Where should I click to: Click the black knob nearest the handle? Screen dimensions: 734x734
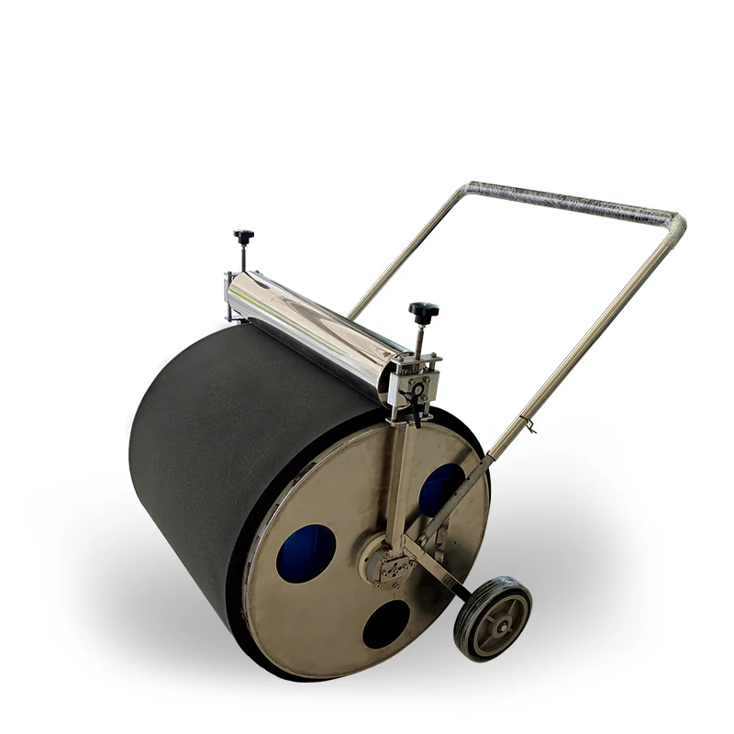[x=424, y=310]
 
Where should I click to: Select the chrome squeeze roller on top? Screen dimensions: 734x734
[x=321, y=317]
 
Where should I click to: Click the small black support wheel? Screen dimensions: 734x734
[x=493, y=617]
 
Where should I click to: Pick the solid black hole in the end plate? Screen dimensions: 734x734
[x=385, y=626]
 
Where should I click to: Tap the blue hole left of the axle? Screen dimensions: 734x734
[x=306, y=549]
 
